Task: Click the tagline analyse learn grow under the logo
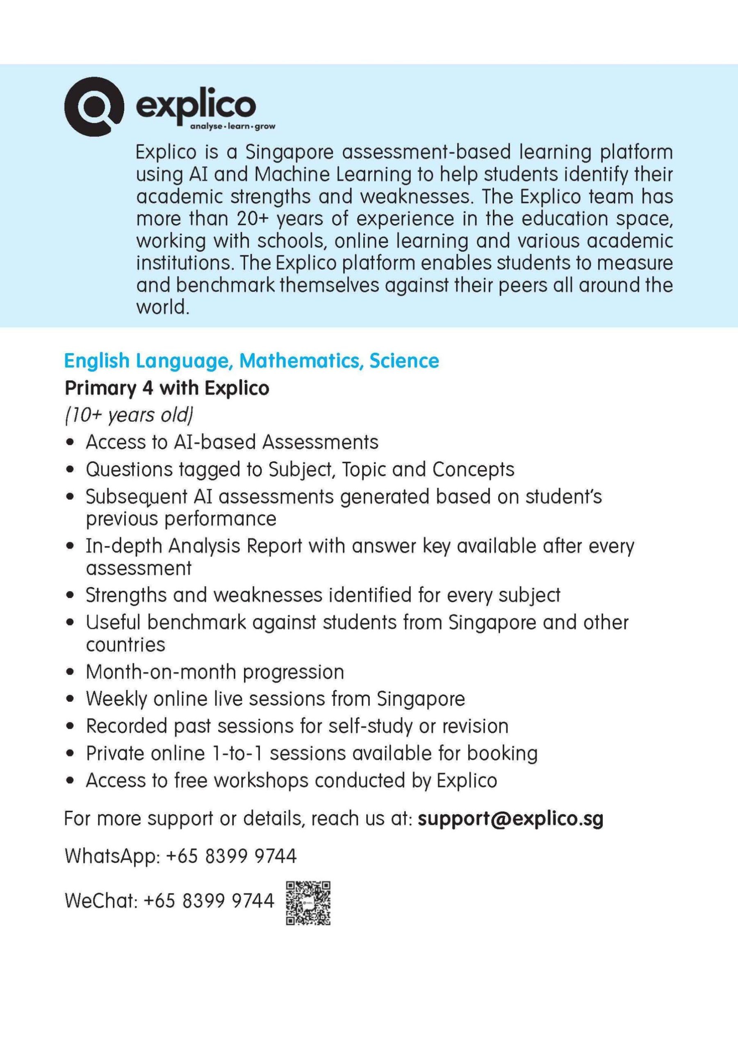click(233, 127)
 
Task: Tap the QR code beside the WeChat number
click(308, 903)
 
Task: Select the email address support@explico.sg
click(510, 819)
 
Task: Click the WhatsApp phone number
click(231, 856)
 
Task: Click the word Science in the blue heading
click(404, 361)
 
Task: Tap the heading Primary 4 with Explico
click(167, 388)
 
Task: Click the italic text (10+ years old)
click(129, 415)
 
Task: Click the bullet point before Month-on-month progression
click(70, 672)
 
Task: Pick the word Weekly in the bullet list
click(116, 699)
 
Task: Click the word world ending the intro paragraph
click(162, 308)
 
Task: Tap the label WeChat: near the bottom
click(101, 900)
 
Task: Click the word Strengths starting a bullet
click(126, 595)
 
